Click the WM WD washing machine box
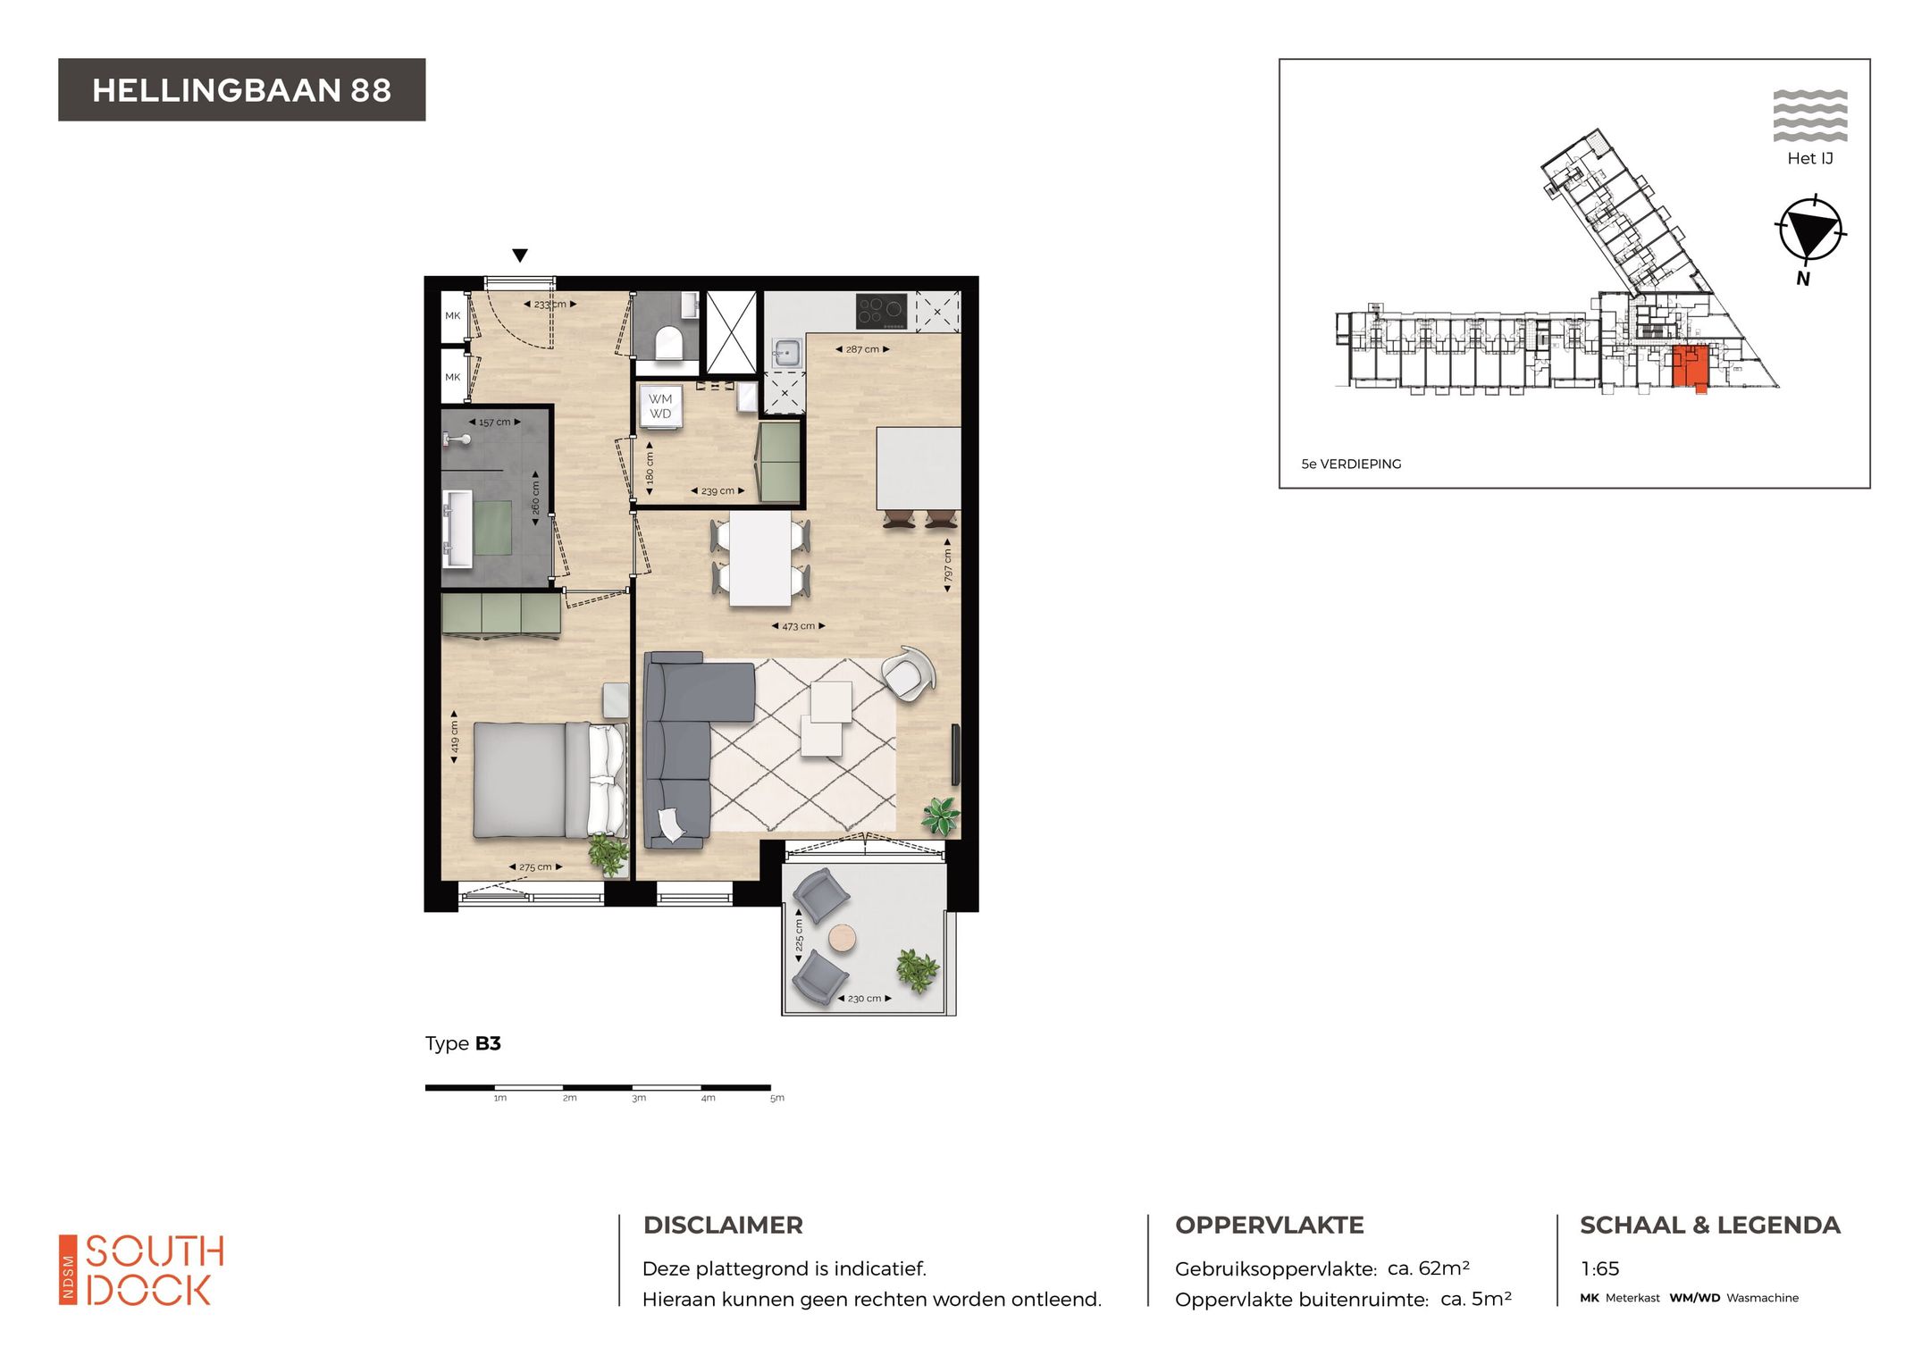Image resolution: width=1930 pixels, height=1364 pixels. click(660, 406)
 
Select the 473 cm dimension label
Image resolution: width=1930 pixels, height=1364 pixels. click(798, 626)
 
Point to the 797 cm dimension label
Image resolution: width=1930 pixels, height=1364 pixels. click(948, 565)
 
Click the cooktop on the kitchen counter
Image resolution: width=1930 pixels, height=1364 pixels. click(881, 312)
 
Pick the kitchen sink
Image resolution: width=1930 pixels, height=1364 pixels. click(786, 352)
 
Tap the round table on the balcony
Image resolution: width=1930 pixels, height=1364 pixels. click(842, 938)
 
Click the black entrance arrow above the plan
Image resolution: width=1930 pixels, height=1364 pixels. click(520, 255)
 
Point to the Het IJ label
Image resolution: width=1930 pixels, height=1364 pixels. click(1810, 158)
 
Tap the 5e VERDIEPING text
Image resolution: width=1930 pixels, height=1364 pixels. click(1351, 464)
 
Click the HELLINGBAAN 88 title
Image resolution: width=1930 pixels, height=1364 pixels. click(241, 90)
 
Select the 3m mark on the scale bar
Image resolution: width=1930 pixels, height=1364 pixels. click(639, 1098)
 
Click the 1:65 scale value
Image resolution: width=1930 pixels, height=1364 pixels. click(1599, 1268)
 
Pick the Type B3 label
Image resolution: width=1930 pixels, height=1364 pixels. click(463, 1043)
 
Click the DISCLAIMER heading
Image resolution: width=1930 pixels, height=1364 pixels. click(723, 1225)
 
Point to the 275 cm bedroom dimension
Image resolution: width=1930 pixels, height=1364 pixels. click(535, 866)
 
